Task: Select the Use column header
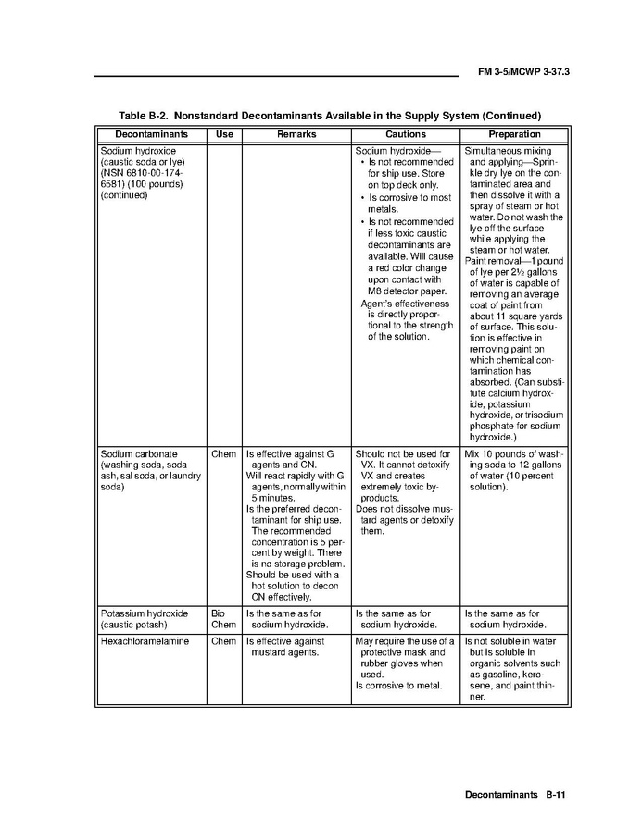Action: (223, 135)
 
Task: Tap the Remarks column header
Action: (296, 135)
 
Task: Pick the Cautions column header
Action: (405, 135)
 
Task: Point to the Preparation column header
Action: (513, 135)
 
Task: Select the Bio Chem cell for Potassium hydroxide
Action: (219, 619)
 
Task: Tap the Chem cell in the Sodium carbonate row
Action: (223, 454)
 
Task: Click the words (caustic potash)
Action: (134, 625)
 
